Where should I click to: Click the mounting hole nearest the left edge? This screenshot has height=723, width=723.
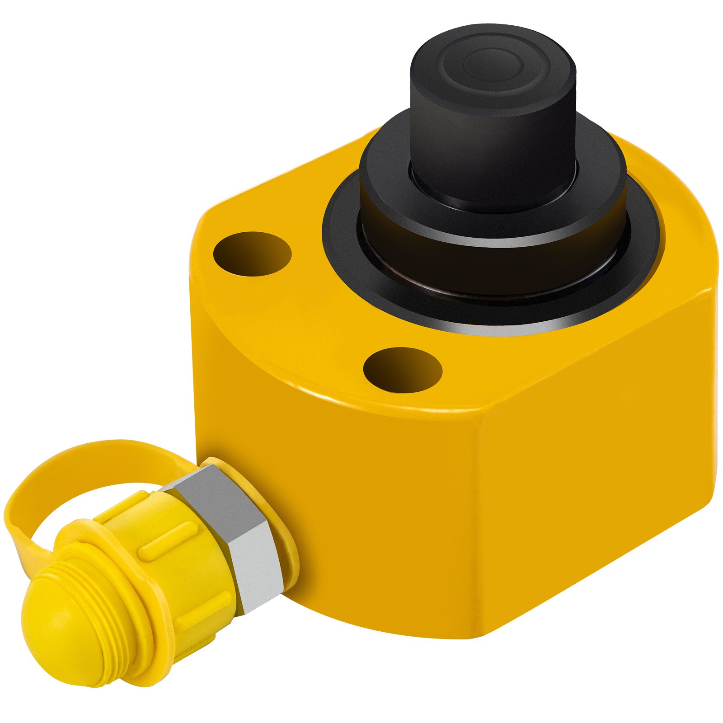(252, 254)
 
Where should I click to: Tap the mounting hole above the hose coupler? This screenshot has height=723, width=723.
(403, 370)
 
